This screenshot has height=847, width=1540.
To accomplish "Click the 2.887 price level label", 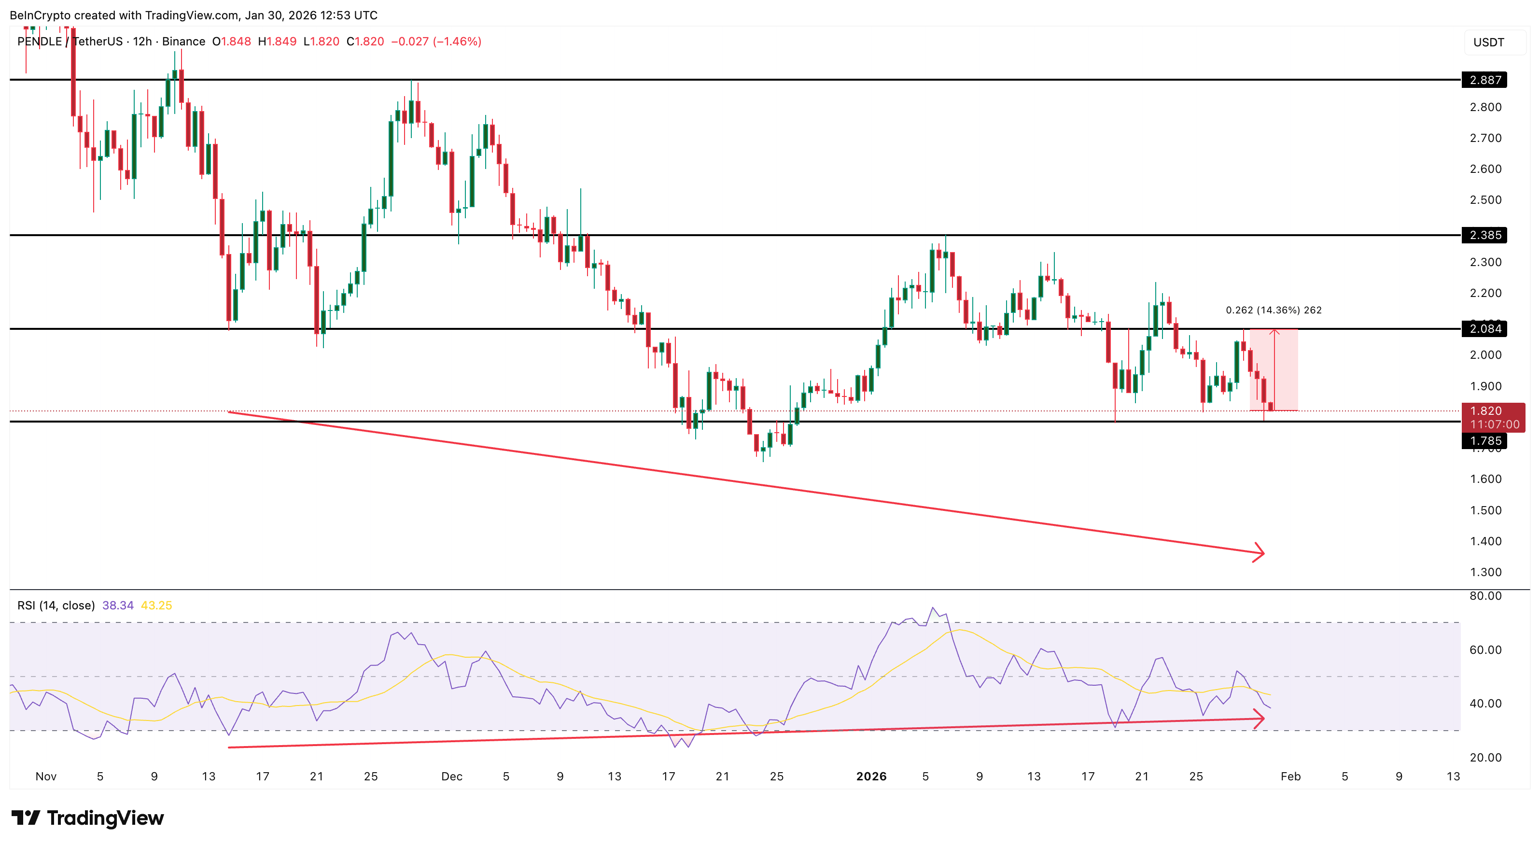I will tap(1484, 80).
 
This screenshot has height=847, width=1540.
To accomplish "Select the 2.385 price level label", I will tap(1484, 235).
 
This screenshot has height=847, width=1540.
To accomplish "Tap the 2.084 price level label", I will tap(1484, 328).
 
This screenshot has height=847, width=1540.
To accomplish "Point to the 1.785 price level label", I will tap(1484, 441).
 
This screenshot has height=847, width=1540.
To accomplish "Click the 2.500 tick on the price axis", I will tap(1485, 200).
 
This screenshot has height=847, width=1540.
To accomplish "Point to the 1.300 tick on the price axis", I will tap(1485, 572).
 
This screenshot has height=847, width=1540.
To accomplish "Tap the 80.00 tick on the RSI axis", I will tap(1485, 596).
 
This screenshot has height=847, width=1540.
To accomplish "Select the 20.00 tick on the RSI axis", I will tap(1485, 757).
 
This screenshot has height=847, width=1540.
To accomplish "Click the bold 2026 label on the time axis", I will tap(871, 776).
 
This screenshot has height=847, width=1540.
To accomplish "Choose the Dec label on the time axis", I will tap(451, 776).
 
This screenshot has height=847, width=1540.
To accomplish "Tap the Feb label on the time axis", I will tap(1290, 776).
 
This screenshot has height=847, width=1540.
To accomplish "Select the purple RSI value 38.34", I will tap(118, 606).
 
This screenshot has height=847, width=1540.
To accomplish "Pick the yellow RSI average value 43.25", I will tap(156, 606).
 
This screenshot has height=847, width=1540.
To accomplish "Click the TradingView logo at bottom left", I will tap(88, 818).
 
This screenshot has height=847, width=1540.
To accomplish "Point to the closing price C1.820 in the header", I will tap(365, 41).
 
